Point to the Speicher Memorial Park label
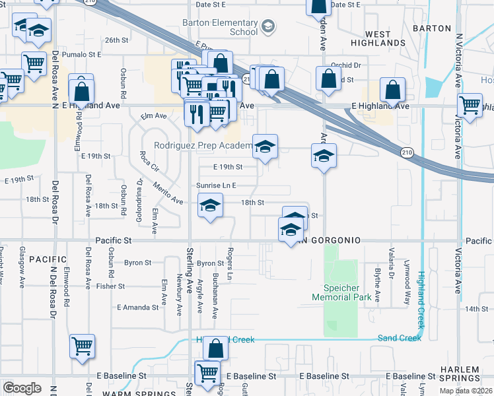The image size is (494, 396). click(x=341, y=293)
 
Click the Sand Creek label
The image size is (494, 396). click(x=399, y=338)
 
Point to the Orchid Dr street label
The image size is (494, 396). click(x=347, y=65)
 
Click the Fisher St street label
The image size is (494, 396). click(x=110, y=286)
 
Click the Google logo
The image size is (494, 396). click(x=22, y=388)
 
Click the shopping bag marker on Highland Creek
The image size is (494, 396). click(x=215, y=347)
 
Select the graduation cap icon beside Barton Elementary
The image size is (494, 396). click(x=268, y=27)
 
